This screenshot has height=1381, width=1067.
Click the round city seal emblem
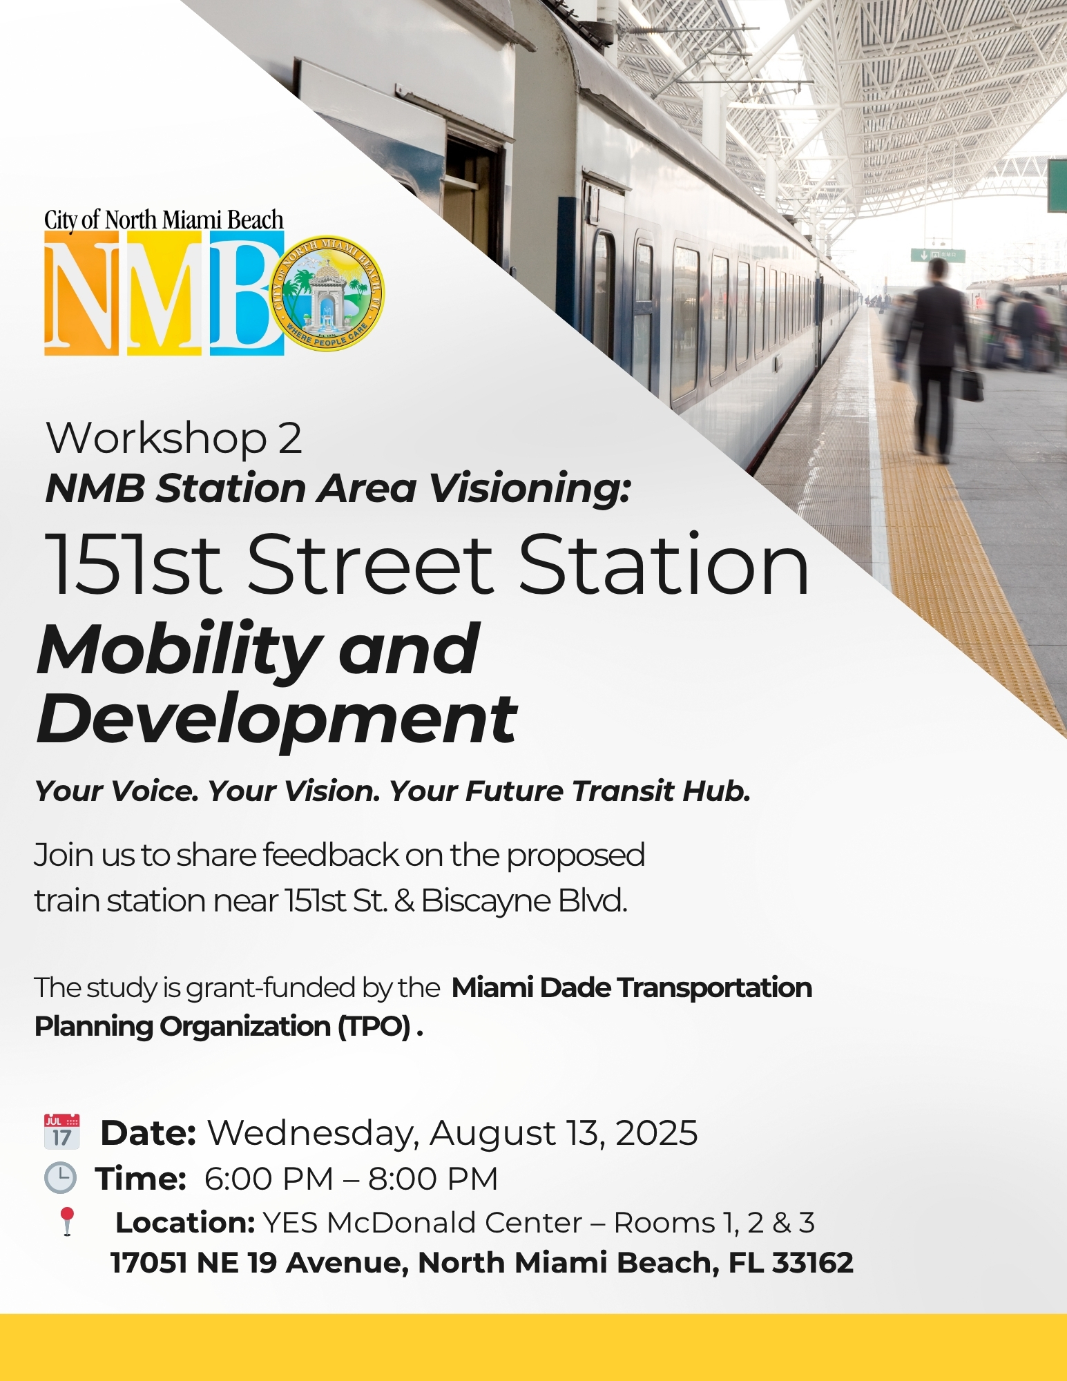tap(327, 292)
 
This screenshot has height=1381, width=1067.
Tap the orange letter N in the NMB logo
tap(81, 293)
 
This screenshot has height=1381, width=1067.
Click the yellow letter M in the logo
tap(164, 293)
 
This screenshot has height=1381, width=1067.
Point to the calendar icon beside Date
tap(62, 1130)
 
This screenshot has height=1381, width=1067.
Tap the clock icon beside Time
tap(61, 1178)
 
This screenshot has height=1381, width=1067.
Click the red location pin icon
tap(67, 1221)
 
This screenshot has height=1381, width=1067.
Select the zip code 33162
tap(813, 1263)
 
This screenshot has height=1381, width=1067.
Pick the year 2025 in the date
tap(656, 1133)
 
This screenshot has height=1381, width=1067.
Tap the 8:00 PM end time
tap(433, 1179)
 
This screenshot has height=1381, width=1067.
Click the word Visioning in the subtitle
tap(530, 488)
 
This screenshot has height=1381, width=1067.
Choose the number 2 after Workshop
tap(290, 438)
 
